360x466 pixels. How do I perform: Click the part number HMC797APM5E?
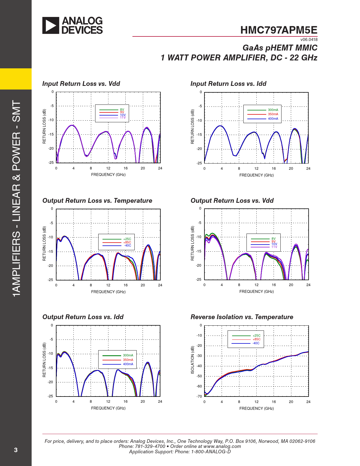click(x=279, y=30)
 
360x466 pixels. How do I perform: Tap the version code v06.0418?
click(x=309, y=40)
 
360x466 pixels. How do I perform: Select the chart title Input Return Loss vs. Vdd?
click(x=81, y=84)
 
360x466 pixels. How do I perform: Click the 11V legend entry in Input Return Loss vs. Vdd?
click(x=123, y=117)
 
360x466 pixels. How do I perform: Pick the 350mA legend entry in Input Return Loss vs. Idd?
click(x=273, y=114)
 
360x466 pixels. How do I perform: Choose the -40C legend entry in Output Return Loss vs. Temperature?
click(x=128, y=245)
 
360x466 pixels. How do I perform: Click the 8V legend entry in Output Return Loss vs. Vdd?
click(x=273, y=239)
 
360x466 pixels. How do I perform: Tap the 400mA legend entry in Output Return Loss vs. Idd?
click(x=128, y=364)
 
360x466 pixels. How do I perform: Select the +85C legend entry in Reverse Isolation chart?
click(x=256, y=339)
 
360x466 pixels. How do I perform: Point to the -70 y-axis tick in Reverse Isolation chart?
click(x=199, y=397)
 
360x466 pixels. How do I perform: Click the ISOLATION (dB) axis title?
click(x=193, y=360)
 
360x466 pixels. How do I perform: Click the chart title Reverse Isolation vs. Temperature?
click(x=242, y=317)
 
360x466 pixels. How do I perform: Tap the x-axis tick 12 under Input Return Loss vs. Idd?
click(x=256, y=169)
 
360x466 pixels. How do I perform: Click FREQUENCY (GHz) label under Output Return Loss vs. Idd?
click(x=108, y=408)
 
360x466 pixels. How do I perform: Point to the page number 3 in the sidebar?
click(x=16, y=450)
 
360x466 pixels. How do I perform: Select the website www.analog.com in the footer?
click(x=222, y=446)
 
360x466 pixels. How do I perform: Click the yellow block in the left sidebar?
click(x=16, y=79)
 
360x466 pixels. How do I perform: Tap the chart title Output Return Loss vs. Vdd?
click(x=232, y=201)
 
